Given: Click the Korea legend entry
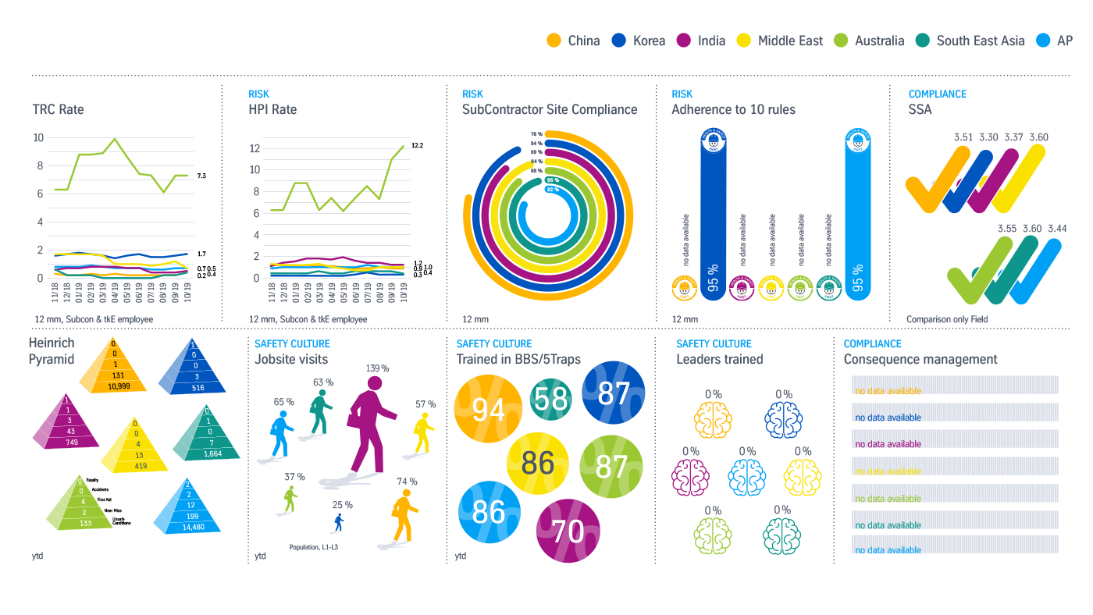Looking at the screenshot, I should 638,41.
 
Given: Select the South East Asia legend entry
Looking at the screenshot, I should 970,41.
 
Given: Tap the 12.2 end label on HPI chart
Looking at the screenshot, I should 418,146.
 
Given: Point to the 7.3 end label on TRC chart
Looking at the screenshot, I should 201,176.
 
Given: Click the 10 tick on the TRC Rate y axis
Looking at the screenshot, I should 38,138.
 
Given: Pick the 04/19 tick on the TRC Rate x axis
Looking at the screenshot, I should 115,297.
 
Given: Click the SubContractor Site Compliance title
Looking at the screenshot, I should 550,109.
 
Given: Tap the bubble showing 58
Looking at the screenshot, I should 551,400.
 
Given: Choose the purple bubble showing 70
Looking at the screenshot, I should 568,531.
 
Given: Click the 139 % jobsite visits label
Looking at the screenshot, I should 377,368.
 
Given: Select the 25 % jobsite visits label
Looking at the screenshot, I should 342,505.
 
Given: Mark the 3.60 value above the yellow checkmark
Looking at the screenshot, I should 1038,137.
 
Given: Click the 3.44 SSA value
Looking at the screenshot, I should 1057,229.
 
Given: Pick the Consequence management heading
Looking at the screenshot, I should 920,359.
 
